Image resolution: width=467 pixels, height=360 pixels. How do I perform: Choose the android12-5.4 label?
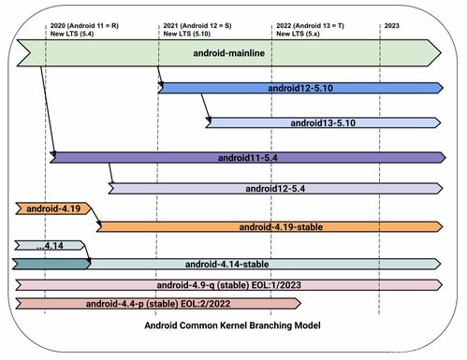tap(275, 189)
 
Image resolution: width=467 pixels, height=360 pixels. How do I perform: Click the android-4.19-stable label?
tap(281, 226)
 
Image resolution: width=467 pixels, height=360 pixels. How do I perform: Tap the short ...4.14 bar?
tap(47, 246)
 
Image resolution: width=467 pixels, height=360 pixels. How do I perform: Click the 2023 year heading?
tap(392, 25)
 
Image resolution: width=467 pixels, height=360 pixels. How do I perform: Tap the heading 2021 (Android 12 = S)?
tap(203, 25)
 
